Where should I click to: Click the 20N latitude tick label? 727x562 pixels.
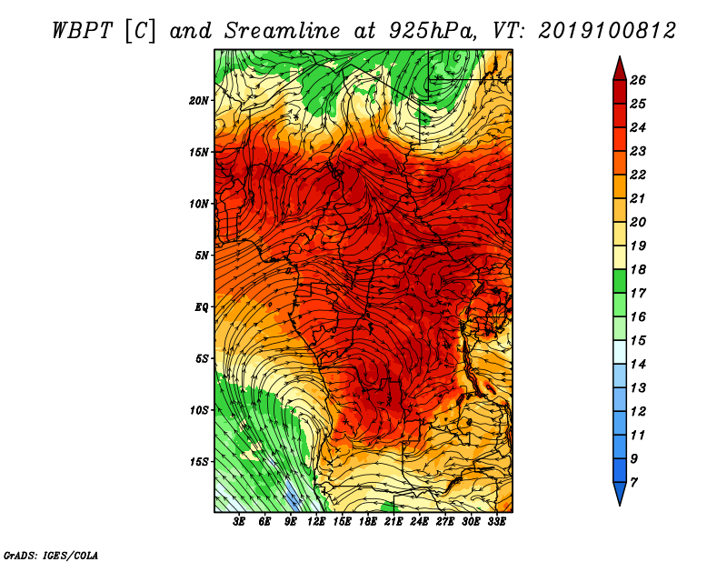tap(198, 101)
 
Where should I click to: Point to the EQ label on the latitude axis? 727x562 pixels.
tap(201, 307)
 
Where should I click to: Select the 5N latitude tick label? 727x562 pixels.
tap(202, 256)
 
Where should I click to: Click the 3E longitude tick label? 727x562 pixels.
tap(239, 522)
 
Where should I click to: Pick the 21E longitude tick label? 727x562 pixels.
tap(393, 522)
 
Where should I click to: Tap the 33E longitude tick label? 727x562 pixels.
tap(496, 522)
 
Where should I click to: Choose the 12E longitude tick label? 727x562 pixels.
tap(315, 522)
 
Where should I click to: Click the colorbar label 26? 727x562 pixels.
tap(638, 80)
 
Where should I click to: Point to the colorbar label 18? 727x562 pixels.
tap(638, 269)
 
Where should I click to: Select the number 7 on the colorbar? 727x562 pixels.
tap(633, 483)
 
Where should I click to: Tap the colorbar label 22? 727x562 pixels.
tap(638, 175)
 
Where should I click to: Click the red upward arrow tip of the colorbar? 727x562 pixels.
tap(620, 57)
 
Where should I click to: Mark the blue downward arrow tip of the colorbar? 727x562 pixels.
tap(620, 505)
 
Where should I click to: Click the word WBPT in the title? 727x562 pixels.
tap(82, 32)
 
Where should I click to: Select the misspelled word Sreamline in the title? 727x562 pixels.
tap(282, 32)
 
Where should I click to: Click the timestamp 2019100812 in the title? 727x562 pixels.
tap(607, 31)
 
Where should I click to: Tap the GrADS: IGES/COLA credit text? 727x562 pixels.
tap(51, 555)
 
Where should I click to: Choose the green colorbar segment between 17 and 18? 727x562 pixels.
tap(620, 281)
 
